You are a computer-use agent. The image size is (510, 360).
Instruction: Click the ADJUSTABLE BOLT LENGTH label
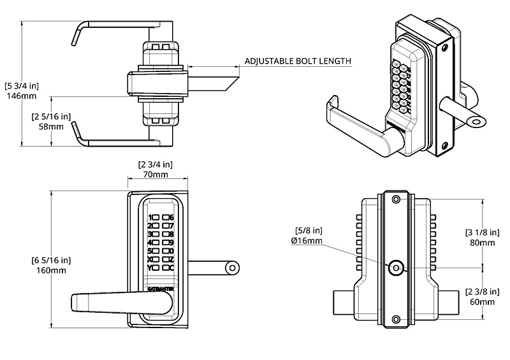coord(298,62)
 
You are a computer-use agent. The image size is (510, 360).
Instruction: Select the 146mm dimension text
coord(19,95)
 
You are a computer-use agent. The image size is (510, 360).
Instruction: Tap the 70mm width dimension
coord(155,175)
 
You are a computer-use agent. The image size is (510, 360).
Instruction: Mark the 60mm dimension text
coord(482,301)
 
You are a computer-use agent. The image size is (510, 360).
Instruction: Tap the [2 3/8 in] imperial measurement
coord(482,292)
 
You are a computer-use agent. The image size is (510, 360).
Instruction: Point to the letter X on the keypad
coord(150,259)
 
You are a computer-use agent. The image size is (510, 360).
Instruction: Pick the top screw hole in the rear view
coord(396,199)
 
